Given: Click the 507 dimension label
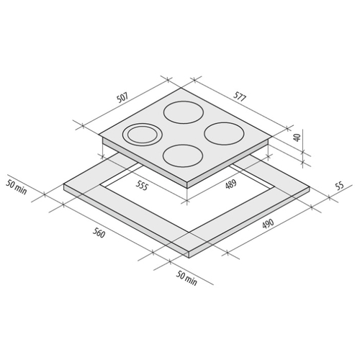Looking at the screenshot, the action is (x=123, y=97).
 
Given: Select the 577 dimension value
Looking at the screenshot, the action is (x=240, y=96).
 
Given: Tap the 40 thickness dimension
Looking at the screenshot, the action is (x=297, y=138).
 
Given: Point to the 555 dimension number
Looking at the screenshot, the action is (x=141, y=186).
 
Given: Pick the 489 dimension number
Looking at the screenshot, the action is (x=231, y=184).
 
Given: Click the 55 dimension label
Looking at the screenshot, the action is (x=340, y=186).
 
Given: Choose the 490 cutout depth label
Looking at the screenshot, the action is (x=268, y=224).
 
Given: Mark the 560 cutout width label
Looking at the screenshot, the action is (x=99, y=233).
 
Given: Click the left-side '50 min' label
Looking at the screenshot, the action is (x=17, y=187).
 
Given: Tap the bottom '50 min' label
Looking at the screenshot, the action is (x=186, y=279).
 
